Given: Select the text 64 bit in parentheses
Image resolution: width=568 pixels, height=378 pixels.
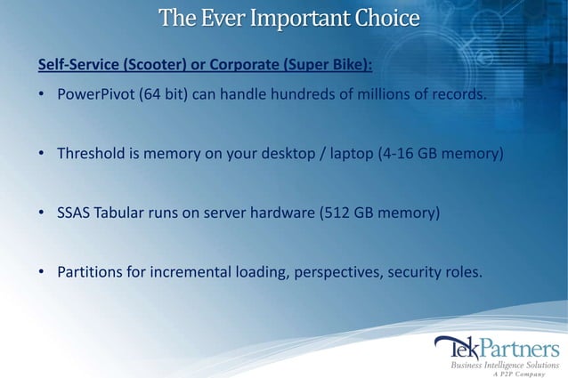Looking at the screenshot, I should pos(162,96).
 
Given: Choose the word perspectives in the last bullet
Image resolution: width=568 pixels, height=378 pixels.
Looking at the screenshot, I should pos(334,270).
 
